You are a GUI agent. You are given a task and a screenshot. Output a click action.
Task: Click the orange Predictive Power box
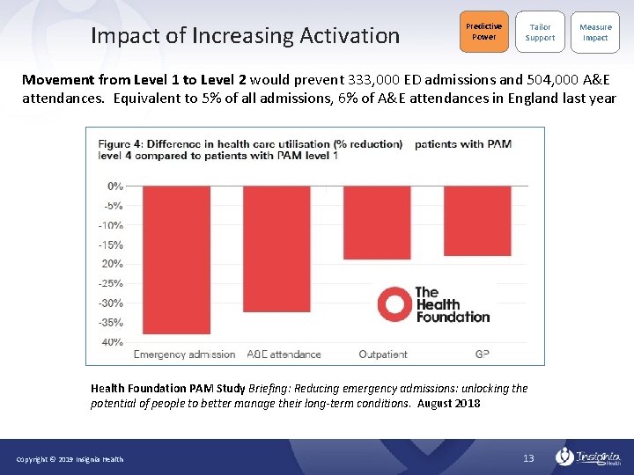[x=483, y=32]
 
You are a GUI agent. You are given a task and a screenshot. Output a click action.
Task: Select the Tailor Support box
[x=540, y=32]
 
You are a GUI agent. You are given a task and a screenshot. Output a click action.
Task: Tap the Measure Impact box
[x=594, y=32]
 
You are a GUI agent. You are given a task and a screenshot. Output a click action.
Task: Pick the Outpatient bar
[x=377, y=222]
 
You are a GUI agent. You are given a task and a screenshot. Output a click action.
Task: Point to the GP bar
[x=476, y=220]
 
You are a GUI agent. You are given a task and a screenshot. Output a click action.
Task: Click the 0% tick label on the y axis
[x=115, y=186]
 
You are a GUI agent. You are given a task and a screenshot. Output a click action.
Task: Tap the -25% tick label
[x=111, y=283]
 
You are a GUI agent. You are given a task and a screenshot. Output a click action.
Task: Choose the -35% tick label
[x=111, y=323]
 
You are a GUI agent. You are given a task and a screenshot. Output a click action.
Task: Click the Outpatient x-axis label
[x=383, y=354]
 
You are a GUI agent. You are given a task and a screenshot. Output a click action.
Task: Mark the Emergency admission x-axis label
[x=184, y=354]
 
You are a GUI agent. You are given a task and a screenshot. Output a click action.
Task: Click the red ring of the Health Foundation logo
[x=393, y=305]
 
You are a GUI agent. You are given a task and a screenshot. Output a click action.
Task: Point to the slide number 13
[x=528, y=458]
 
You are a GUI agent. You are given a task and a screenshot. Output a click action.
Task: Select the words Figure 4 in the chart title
[x=121, y=143]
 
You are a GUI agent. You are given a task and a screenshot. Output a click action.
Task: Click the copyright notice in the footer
[x=70, y=459]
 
